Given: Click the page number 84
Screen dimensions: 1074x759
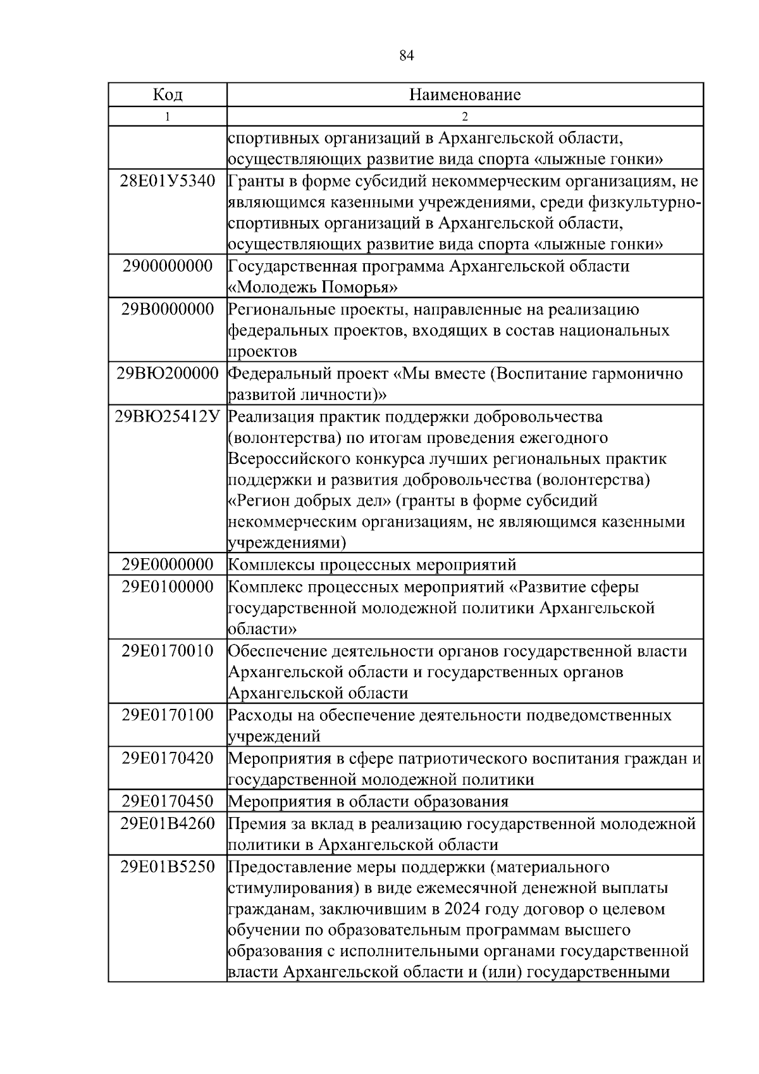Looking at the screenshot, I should point(407,56).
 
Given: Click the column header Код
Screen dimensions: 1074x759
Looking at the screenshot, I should point(168,95).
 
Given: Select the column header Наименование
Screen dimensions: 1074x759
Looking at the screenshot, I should point(465,95).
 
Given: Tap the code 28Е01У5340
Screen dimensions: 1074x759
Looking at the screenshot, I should point(168,182).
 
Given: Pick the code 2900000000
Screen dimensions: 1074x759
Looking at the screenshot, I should point(168,266).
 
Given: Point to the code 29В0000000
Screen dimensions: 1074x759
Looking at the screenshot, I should point(168,309).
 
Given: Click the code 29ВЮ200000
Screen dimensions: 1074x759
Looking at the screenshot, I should point(168,373).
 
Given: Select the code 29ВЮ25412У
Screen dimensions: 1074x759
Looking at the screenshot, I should point(168,417).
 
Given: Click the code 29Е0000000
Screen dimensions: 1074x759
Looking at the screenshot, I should point(168,565).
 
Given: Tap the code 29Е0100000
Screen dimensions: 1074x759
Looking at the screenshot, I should point(168,587).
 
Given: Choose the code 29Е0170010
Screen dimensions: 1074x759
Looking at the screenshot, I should point(168,651).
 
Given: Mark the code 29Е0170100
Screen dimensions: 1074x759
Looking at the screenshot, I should point(168,715).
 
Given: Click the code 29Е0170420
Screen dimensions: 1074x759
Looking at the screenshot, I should point(168,758).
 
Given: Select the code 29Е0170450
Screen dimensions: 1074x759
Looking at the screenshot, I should point(168,801).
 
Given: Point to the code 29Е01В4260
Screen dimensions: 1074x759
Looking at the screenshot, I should point(168,823).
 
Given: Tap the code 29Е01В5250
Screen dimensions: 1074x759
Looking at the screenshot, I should point(168,866).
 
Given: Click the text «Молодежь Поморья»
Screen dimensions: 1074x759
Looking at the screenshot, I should point(312,288).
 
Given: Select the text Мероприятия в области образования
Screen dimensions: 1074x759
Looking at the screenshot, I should point(368,802).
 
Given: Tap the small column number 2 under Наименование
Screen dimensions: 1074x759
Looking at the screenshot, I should point(465,116).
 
